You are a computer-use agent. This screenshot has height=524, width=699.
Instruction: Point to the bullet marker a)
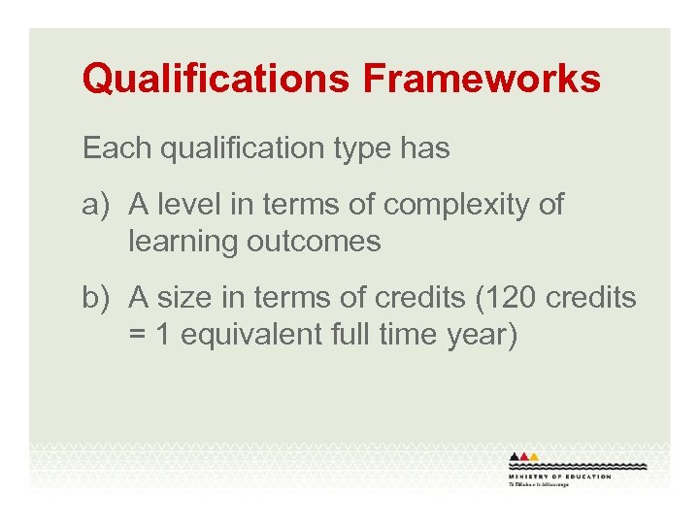pyautogui.click(x=98, y=205)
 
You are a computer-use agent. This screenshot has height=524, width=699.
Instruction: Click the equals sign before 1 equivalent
pyautogui.click(x=137, y=335)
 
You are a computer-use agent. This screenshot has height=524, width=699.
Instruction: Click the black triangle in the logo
pyautogui.click(x=515, y=456)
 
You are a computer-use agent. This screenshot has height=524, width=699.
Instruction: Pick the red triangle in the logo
pyautogui.click(x=525, y=456)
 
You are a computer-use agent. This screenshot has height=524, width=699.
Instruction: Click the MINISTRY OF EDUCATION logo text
pyautogui.click(x=559, y=477)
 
